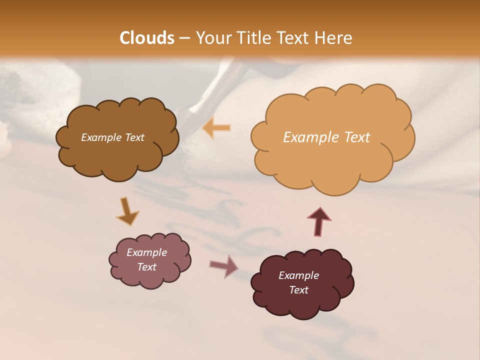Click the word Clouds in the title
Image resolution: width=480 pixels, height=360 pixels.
coord(147,38)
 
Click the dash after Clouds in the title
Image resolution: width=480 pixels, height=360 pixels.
coord(184,38)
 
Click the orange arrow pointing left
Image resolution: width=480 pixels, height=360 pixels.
coord(217,128)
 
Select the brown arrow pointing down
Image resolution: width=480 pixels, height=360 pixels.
coord(127,212)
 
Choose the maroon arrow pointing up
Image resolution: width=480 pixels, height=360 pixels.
coord(319,221)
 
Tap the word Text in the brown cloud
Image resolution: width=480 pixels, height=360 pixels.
coord(133,137)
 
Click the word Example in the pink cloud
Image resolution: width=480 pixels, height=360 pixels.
coord(146,252)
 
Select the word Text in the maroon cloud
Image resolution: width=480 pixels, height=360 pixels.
coord(298,290)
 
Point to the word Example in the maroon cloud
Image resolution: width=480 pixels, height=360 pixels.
coord(298,275)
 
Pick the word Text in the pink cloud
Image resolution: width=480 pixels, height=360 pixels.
coord(146,267)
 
